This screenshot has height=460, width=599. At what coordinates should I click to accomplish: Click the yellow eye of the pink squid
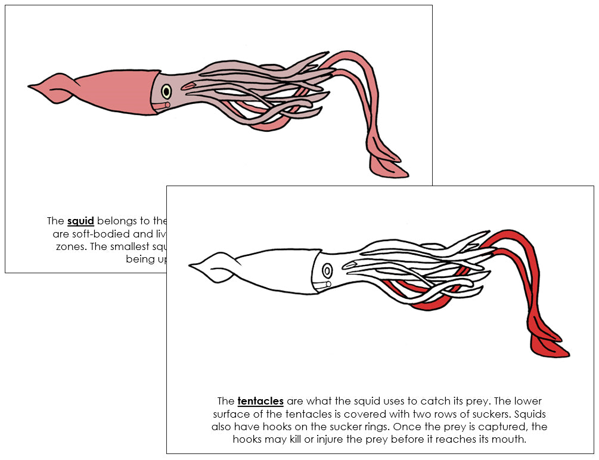pos(166,91)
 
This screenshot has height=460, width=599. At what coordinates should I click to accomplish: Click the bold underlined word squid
pos(80,221)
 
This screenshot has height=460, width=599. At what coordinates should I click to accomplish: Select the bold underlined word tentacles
pos(260,401)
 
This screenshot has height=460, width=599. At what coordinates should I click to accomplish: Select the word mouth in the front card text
pos(510,439)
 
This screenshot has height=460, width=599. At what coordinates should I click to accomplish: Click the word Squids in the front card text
pos(530,414)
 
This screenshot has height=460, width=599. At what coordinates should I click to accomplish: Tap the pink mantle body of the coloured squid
pos(107,89)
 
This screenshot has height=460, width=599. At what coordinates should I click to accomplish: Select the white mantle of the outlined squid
pos(274,271)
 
